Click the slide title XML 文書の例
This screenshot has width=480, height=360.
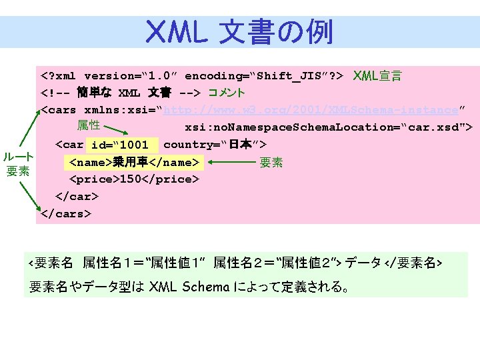pos(239,31)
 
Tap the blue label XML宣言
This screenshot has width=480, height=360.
pos(377,76)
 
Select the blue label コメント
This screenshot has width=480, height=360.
pos(227,93)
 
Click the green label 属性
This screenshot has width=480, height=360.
pos(88,125)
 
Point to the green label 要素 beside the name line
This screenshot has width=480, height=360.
pos(271,162)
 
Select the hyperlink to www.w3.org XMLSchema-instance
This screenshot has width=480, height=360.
pos(311,109)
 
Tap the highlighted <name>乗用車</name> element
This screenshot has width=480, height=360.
pos(133,162)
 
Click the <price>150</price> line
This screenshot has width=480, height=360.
pos(133,179)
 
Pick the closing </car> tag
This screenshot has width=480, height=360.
pos(77,197)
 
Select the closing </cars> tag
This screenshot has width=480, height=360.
pos(66,214)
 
